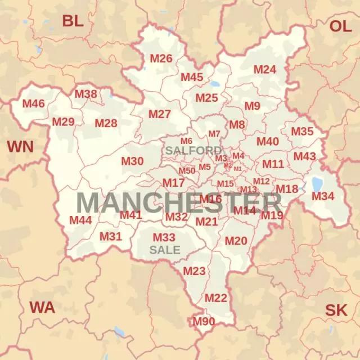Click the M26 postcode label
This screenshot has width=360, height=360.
pyautogui.click(x=161, y=58)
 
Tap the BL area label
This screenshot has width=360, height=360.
pyautogui.click(x=73, y=21)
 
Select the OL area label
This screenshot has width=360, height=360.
pyautogui.click(x=340, y=26)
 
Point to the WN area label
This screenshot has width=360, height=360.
pyautogui.click(x=20, y=147)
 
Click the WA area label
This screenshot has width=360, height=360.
pyautogui.click(x=42, y=308)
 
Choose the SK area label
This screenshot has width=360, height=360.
pyautogui.click(x=336, y=310)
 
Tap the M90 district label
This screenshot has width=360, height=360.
pyautogui.click(x=204, y=322)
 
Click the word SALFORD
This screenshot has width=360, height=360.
pyautogui.click(x=193, y=151)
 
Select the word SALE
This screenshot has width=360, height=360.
pyautogui.click(x=165, y=249)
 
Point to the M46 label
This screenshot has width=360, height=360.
pyautogui.click(x=33, y=103)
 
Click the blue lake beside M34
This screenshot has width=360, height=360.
pyautogui.click(x=317, y=184)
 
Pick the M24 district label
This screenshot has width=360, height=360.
pyautogui.click(x=264, y=70)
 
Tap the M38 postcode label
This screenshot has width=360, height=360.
pyautogui.click(x=86, y=94)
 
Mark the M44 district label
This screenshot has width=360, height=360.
pyautogui.click(x=80, y=220)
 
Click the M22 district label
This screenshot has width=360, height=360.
pyautogui.click(x=215, y=298)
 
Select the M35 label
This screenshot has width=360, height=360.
pyautogui.click(x=302, y=132)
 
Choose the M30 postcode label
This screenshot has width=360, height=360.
pyautogui.click(x=132, y=161)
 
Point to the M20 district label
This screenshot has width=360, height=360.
pyautogui.click(x=236, y=241)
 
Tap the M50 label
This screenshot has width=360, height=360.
pyautogui.click(x=187, y=171)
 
